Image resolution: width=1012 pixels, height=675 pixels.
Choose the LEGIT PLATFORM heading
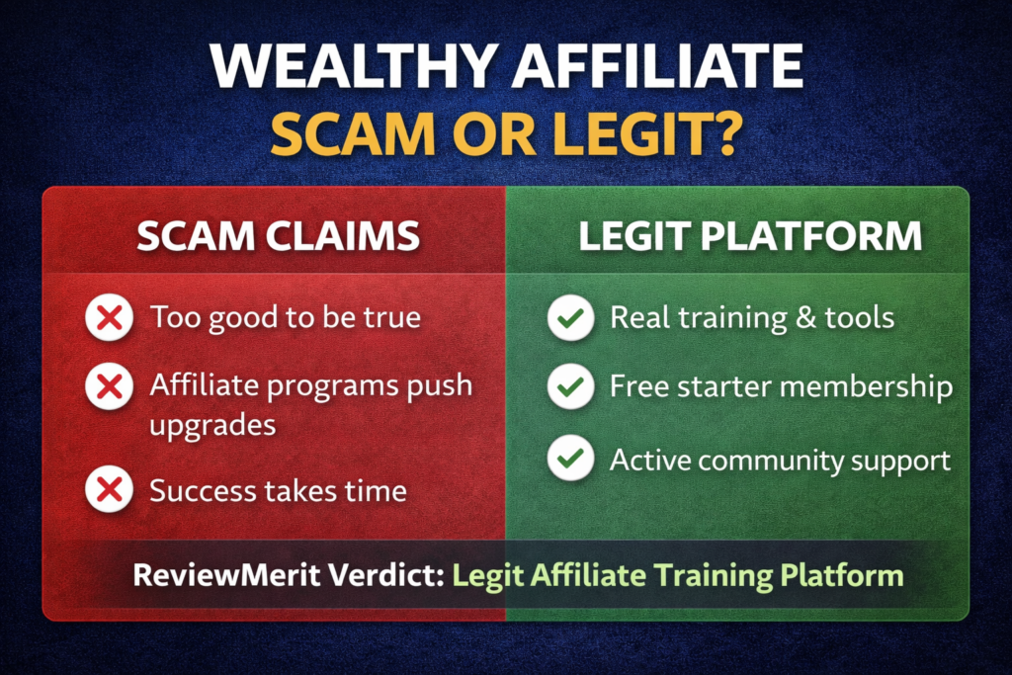(x=750, y=237)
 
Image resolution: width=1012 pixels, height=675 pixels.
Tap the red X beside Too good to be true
(x=110, y=317)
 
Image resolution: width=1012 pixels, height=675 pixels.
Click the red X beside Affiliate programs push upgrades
(x=110, y=386)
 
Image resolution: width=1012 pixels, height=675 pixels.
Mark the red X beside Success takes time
(x=110, y=490)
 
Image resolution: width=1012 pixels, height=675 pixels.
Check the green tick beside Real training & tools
(x=570, y=318)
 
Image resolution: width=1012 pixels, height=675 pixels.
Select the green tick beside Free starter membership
(x=570, y=387)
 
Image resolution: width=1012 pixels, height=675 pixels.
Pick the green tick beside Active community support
(x=570, y=460)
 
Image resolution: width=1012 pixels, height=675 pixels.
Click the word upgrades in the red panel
(x=212, y=426)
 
